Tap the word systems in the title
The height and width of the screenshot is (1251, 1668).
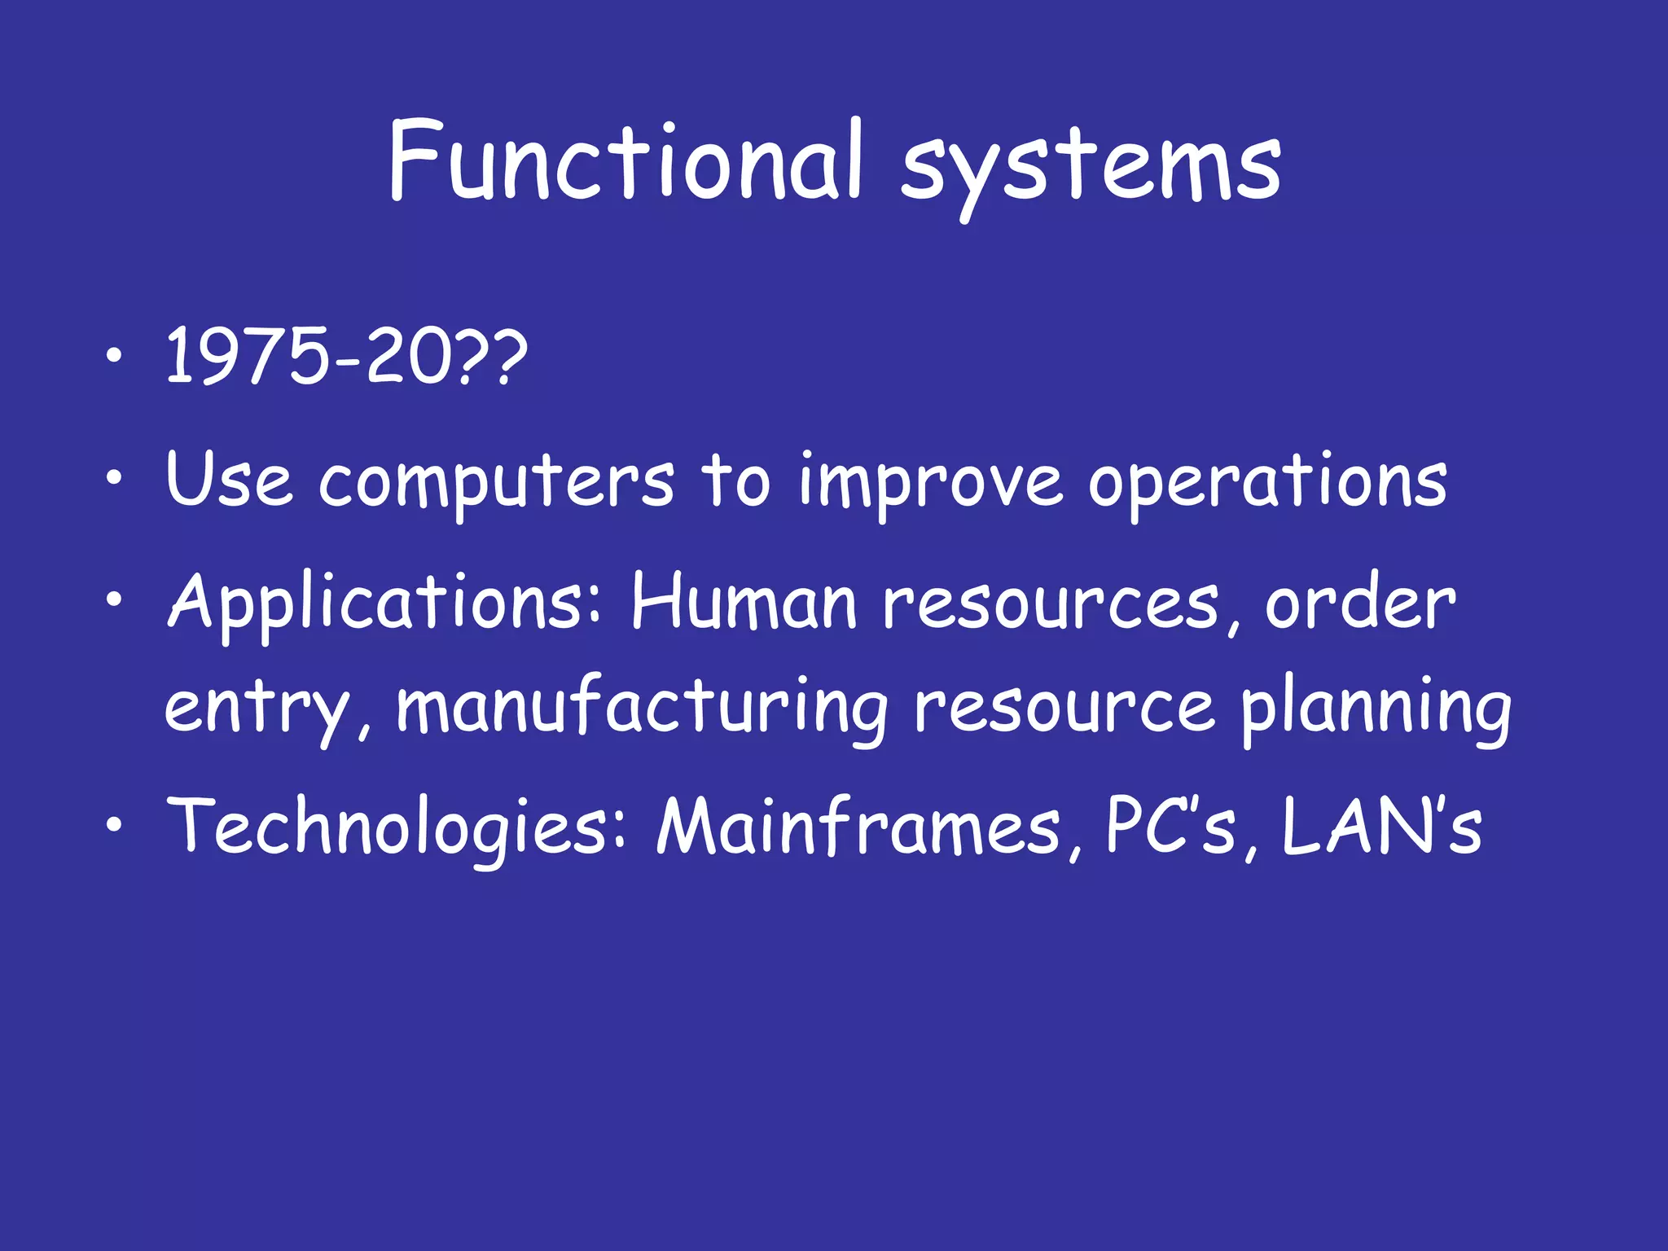(1091, 167)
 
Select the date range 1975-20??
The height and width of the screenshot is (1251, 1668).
(347, 357)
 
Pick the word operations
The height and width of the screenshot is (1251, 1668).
(1268, 483)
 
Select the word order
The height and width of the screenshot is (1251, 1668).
(1359, 604)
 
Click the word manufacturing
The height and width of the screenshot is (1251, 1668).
(642, 707)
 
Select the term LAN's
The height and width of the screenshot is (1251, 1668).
(1381, 827)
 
